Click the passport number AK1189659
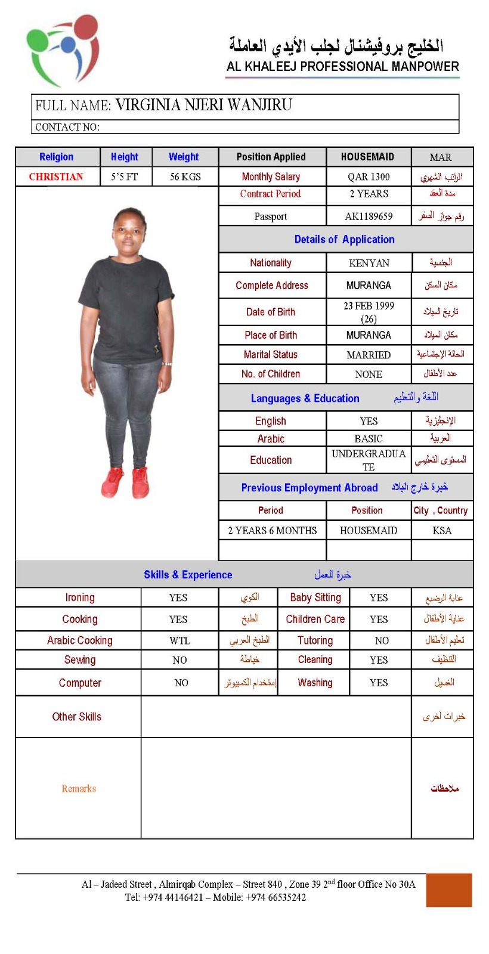(x=369, y=216)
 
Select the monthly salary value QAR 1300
(x=369, y=176)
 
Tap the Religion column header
(x=57, y=157)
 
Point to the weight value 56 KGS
(x=185, y=176)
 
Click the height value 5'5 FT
(x=124, y=176)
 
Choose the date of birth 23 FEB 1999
(x=369, y=306)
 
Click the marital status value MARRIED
(x=369, y=355)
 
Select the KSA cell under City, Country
(x=442, y=530)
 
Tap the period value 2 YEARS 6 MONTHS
(x=272, y=530)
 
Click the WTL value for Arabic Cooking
(x=179, y=640)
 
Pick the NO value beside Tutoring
(x=382, y=640)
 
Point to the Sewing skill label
(x=80, y=659)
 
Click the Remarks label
(x=79, y=788)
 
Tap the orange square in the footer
(x=448, y=890)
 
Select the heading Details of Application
(x=344, y=239)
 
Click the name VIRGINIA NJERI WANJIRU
(x=203, y=106)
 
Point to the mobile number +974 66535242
(x=277, y=897)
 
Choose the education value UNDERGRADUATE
(x=369, y=460)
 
